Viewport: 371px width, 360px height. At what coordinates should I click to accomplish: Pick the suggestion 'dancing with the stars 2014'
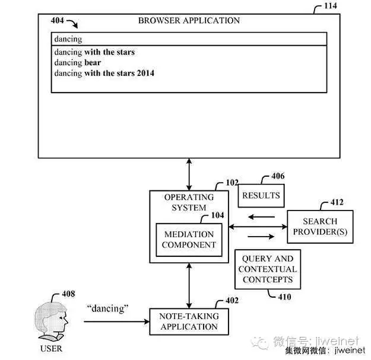tap(104, 73)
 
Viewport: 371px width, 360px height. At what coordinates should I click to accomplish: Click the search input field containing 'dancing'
tap(189, 39)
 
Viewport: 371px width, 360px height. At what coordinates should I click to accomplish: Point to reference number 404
tap(58, 21)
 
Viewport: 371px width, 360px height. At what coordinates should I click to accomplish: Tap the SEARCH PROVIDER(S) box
tap(319, 226)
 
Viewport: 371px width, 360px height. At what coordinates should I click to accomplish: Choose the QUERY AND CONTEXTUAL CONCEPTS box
tap(267, 269)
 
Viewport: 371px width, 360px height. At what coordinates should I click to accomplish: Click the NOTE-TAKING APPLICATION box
tap(189, 321)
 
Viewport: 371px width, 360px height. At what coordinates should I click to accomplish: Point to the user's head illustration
tap(52, 321)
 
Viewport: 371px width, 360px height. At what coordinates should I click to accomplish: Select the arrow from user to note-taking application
tap(116, 321)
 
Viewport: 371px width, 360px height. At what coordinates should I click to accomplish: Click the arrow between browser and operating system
tap(189, 174)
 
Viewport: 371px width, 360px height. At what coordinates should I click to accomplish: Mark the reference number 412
tap(336, 202)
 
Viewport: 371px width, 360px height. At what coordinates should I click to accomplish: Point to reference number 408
tap(68, 293)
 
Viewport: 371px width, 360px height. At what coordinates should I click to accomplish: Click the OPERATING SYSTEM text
tap(189, 202)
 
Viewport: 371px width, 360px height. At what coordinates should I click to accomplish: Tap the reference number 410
tap(284, 297)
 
